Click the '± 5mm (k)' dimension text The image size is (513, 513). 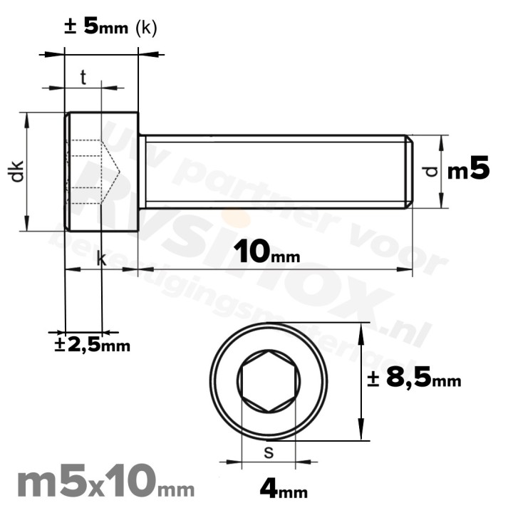[110, 28]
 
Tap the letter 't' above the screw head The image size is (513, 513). [83, 78]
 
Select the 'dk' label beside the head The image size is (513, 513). [19, 172]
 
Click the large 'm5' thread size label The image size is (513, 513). [468, 170]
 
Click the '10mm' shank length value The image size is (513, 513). [266, 251]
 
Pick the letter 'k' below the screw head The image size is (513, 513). [101, 260]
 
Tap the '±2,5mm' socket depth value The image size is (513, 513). [93, 346]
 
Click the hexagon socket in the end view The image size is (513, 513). [269, 382]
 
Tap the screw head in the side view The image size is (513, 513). [101, 171]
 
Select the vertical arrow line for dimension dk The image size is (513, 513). [28, 172]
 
